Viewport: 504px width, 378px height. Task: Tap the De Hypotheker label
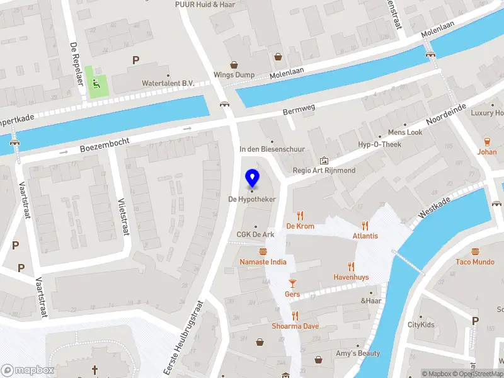coord(253,199)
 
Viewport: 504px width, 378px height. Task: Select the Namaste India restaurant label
coord(263,261)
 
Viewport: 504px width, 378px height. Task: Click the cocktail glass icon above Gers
coord(292,283)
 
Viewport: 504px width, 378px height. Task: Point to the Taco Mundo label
coord(475,261)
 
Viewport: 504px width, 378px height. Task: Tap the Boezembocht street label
coord(105,146)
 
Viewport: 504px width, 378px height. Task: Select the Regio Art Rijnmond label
coord(324,170)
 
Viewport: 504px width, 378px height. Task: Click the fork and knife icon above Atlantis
coord(365,226)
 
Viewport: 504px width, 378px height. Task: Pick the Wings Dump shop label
coord(234,75)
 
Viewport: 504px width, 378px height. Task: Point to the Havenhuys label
coord(351,277)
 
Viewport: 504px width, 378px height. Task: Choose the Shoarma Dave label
coord(295,326)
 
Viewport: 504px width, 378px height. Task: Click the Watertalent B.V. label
coord(168,83)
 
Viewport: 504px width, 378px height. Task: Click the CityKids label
coord(421,325)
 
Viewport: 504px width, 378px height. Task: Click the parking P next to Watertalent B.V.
coord(135,60)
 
